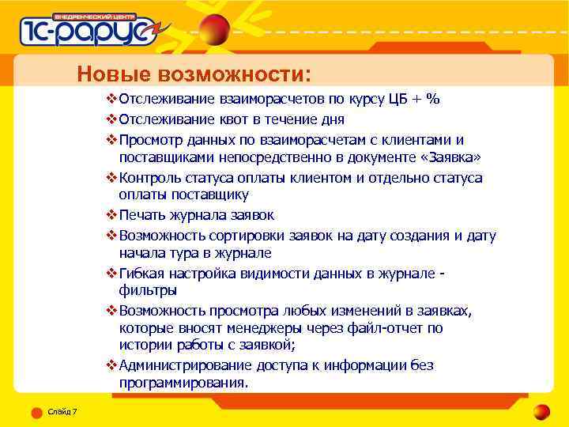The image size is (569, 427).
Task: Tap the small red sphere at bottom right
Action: (541, 411)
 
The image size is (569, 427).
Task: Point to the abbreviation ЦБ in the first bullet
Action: (398, 99)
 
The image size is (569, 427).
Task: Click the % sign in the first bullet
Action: (432, 99)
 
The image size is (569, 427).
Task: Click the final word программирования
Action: (183, 383)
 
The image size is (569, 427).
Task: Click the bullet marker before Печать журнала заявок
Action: (111, 215)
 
